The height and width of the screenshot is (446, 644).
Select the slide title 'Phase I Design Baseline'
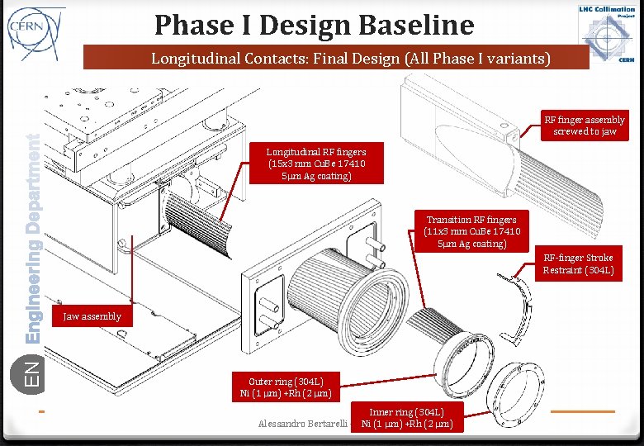click(x=314, y=25)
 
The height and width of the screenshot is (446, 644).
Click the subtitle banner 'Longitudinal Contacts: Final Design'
click(x=339, y=59)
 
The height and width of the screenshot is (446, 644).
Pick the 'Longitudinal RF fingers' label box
click(x=316, y=164)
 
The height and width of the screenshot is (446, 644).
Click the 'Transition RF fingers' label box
click(x=471, y=231)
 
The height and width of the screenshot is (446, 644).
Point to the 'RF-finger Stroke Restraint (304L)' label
click(x=578, y=264)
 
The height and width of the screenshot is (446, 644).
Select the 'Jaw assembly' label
click(x=92, y=316)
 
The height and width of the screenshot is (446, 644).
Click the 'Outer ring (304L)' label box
click(x=286, y=387)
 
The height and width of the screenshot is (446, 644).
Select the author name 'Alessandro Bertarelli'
click(x=301, y=424)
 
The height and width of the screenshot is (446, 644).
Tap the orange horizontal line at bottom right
click(x=582, y=410)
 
